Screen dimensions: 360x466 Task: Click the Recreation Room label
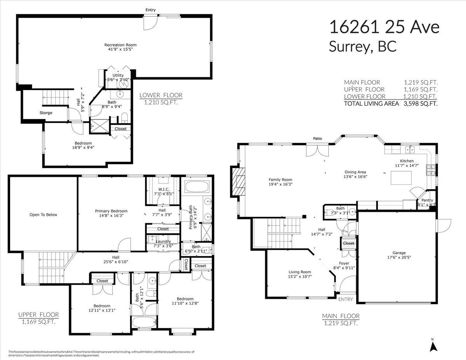(120, 45)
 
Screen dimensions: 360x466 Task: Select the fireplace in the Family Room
(238, 182)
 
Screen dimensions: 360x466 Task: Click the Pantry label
(427, 200)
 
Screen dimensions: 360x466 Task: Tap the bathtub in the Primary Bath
(197, 187)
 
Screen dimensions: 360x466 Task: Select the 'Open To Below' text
(43, 214)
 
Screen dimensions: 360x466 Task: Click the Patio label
(318, 139)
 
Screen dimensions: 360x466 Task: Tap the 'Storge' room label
(46, 113)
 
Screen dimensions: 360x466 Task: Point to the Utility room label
(118, 75)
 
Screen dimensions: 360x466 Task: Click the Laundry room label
(163, 241)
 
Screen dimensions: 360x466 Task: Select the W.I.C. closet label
(163, 189)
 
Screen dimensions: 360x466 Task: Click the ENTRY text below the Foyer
(346, 299)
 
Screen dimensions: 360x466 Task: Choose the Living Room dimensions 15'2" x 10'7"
(300, 277)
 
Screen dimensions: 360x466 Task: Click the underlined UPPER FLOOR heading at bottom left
(38, 315)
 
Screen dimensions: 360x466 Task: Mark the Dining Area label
(355, 172)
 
